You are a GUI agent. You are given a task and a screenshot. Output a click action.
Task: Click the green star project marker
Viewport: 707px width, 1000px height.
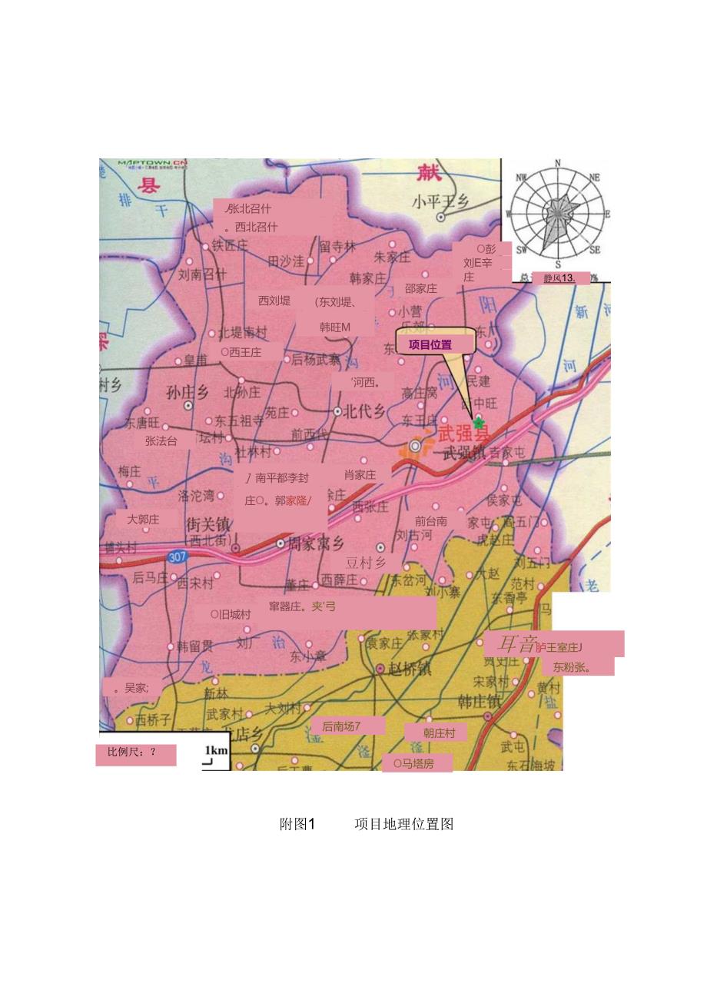click(479, 423)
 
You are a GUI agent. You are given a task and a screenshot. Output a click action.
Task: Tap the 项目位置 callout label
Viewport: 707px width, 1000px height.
click(430, 345)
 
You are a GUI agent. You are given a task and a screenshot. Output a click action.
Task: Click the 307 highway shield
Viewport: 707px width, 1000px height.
click(176, 556)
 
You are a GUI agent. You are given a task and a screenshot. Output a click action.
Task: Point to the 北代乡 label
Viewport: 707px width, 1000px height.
click(364, 411)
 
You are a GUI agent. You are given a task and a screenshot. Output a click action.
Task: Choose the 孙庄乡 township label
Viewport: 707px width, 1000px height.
click(188, 391)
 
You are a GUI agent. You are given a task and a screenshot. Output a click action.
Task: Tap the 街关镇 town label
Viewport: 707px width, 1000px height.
click(207, 525)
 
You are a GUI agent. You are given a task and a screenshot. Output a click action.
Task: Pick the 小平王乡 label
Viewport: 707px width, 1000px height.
click(440, 202)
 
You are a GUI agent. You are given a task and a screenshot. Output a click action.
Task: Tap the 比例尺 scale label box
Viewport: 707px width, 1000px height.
click(136, 753)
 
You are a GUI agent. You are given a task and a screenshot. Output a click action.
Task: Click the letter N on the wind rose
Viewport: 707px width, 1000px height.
click(558, 162)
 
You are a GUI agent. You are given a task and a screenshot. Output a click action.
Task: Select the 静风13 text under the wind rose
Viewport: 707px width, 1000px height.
click(559, 278)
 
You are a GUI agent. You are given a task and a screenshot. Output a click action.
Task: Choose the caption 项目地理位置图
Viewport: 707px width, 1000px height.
click(403, 824)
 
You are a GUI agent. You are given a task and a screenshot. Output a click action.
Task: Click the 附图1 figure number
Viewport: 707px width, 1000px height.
click(297, 824)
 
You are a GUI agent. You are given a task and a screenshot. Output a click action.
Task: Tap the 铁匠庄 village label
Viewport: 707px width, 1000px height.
click(230, 245)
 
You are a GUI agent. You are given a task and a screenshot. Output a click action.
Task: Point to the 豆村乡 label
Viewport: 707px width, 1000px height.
click(366, 563)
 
